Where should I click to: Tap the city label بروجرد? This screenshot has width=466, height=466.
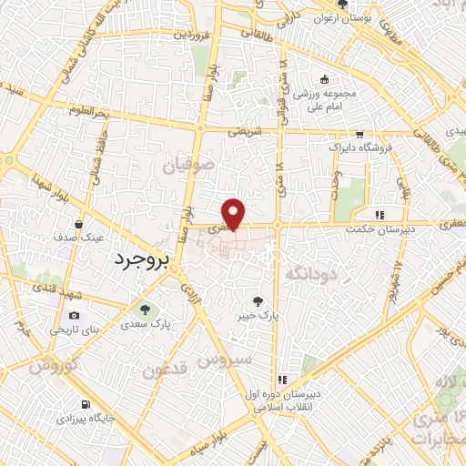tap(143, 259)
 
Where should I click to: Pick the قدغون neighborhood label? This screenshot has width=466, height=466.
tap(164, 371)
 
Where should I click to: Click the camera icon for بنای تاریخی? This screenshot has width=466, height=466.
tap(75, 315)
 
